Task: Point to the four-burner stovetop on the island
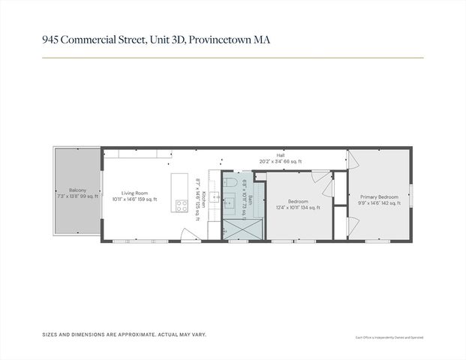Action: [x=181, y=204]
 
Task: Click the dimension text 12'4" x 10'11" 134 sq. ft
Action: [x=298, y=208]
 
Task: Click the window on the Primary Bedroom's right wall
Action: [x=410, y=195]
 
